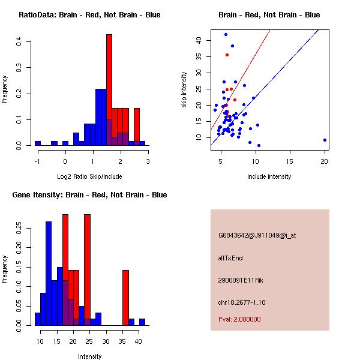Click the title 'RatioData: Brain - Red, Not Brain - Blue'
89,15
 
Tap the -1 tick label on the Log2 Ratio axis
37,161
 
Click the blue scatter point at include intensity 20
325,140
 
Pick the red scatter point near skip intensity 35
227,55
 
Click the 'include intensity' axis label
269,176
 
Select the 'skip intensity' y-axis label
184,90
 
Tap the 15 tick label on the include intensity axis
290,161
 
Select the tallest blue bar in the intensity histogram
49,273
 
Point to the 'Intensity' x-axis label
89,356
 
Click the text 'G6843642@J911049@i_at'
257,235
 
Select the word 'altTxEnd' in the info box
230,258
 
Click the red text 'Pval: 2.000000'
239,319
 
